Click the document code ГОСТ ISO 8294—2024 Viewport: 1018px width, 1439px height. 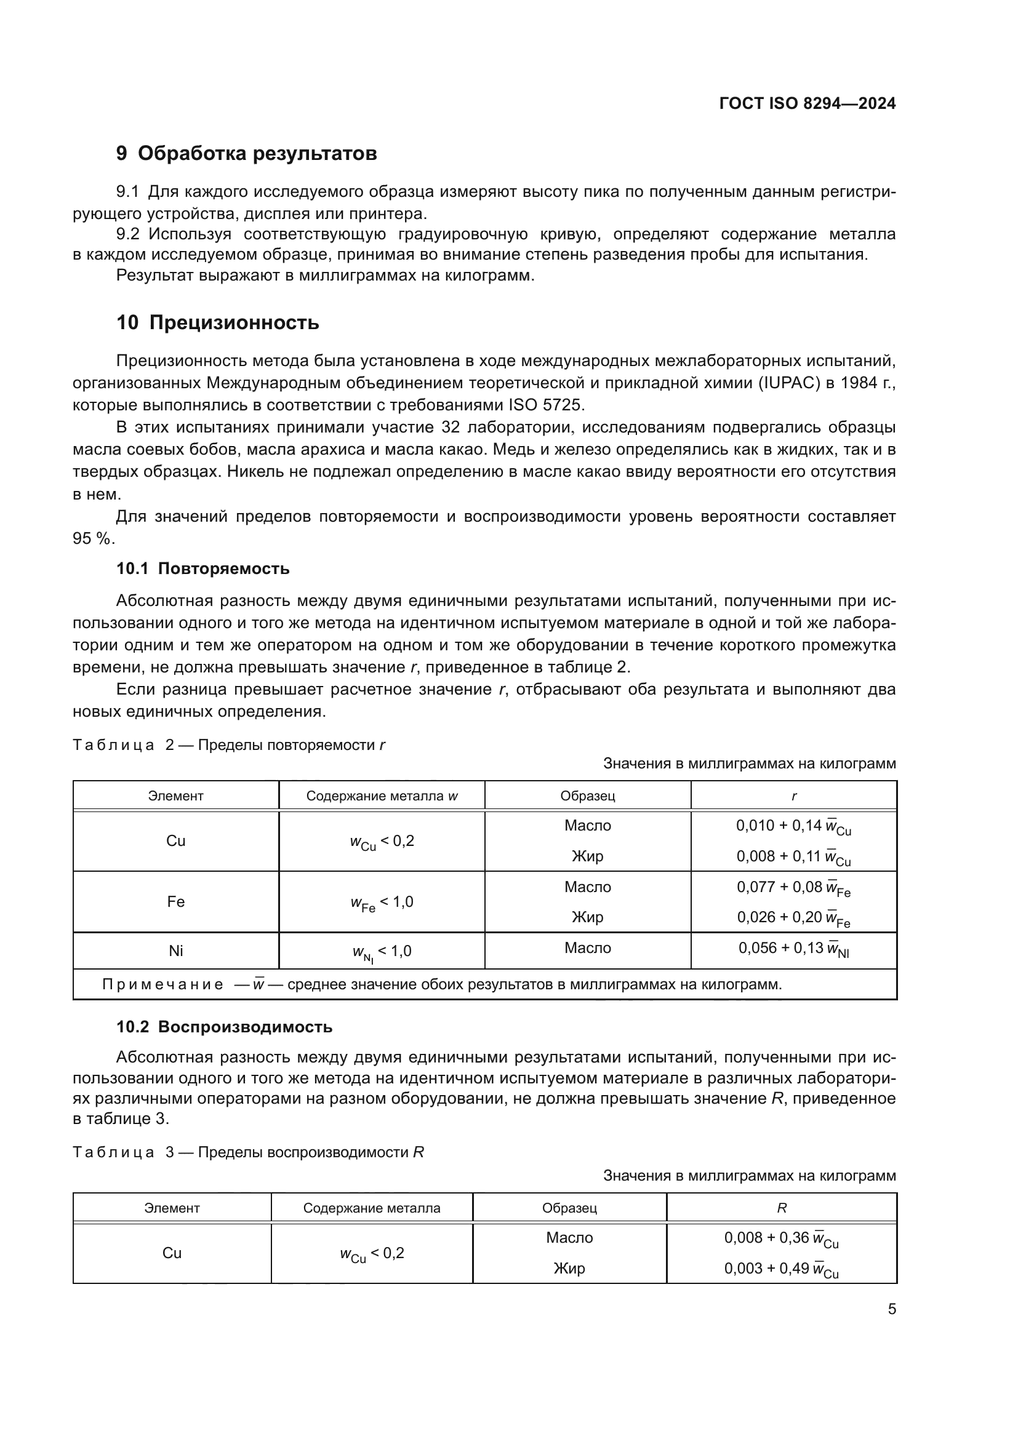807,104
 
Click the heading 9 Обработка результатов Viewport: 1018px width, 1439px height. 246,154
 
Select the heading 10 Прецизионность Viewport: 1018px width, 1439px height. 217,323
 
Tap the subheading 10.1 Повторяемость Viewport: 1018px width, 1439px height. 202,569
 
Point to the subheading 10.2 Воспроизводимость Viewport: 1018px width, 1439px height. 224,1027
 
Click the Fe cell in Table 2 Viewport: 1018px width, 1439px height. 175,902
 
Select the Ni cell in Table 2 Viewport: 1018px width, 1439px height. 175,951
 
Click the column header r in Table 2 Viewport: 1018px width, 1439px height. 793,796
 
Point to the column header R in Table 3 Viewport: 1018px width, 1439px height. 781,1208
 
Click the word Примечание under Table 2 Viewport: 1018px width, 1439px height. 162,984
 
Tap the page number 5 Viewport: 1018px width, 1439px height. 891,1310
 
